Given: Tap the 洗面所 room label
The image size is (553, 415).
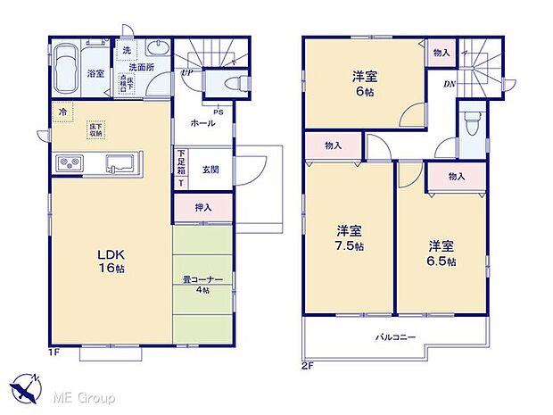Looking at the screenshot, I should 142,67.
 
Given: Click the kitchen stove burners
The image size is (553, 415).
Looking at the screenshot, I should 69,163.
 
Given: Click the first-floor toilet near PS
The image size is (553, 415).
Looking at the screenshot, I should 227,83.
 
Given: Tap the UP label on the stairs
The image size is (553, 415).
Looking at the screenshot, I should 186,72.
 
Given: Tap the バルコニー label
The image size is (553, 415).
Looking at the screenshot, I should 394,336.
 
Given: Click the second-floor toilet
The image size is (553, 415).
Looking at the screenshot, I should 471,120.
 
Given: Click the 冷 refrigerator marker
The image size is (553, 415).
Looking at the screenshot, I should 62,112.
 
